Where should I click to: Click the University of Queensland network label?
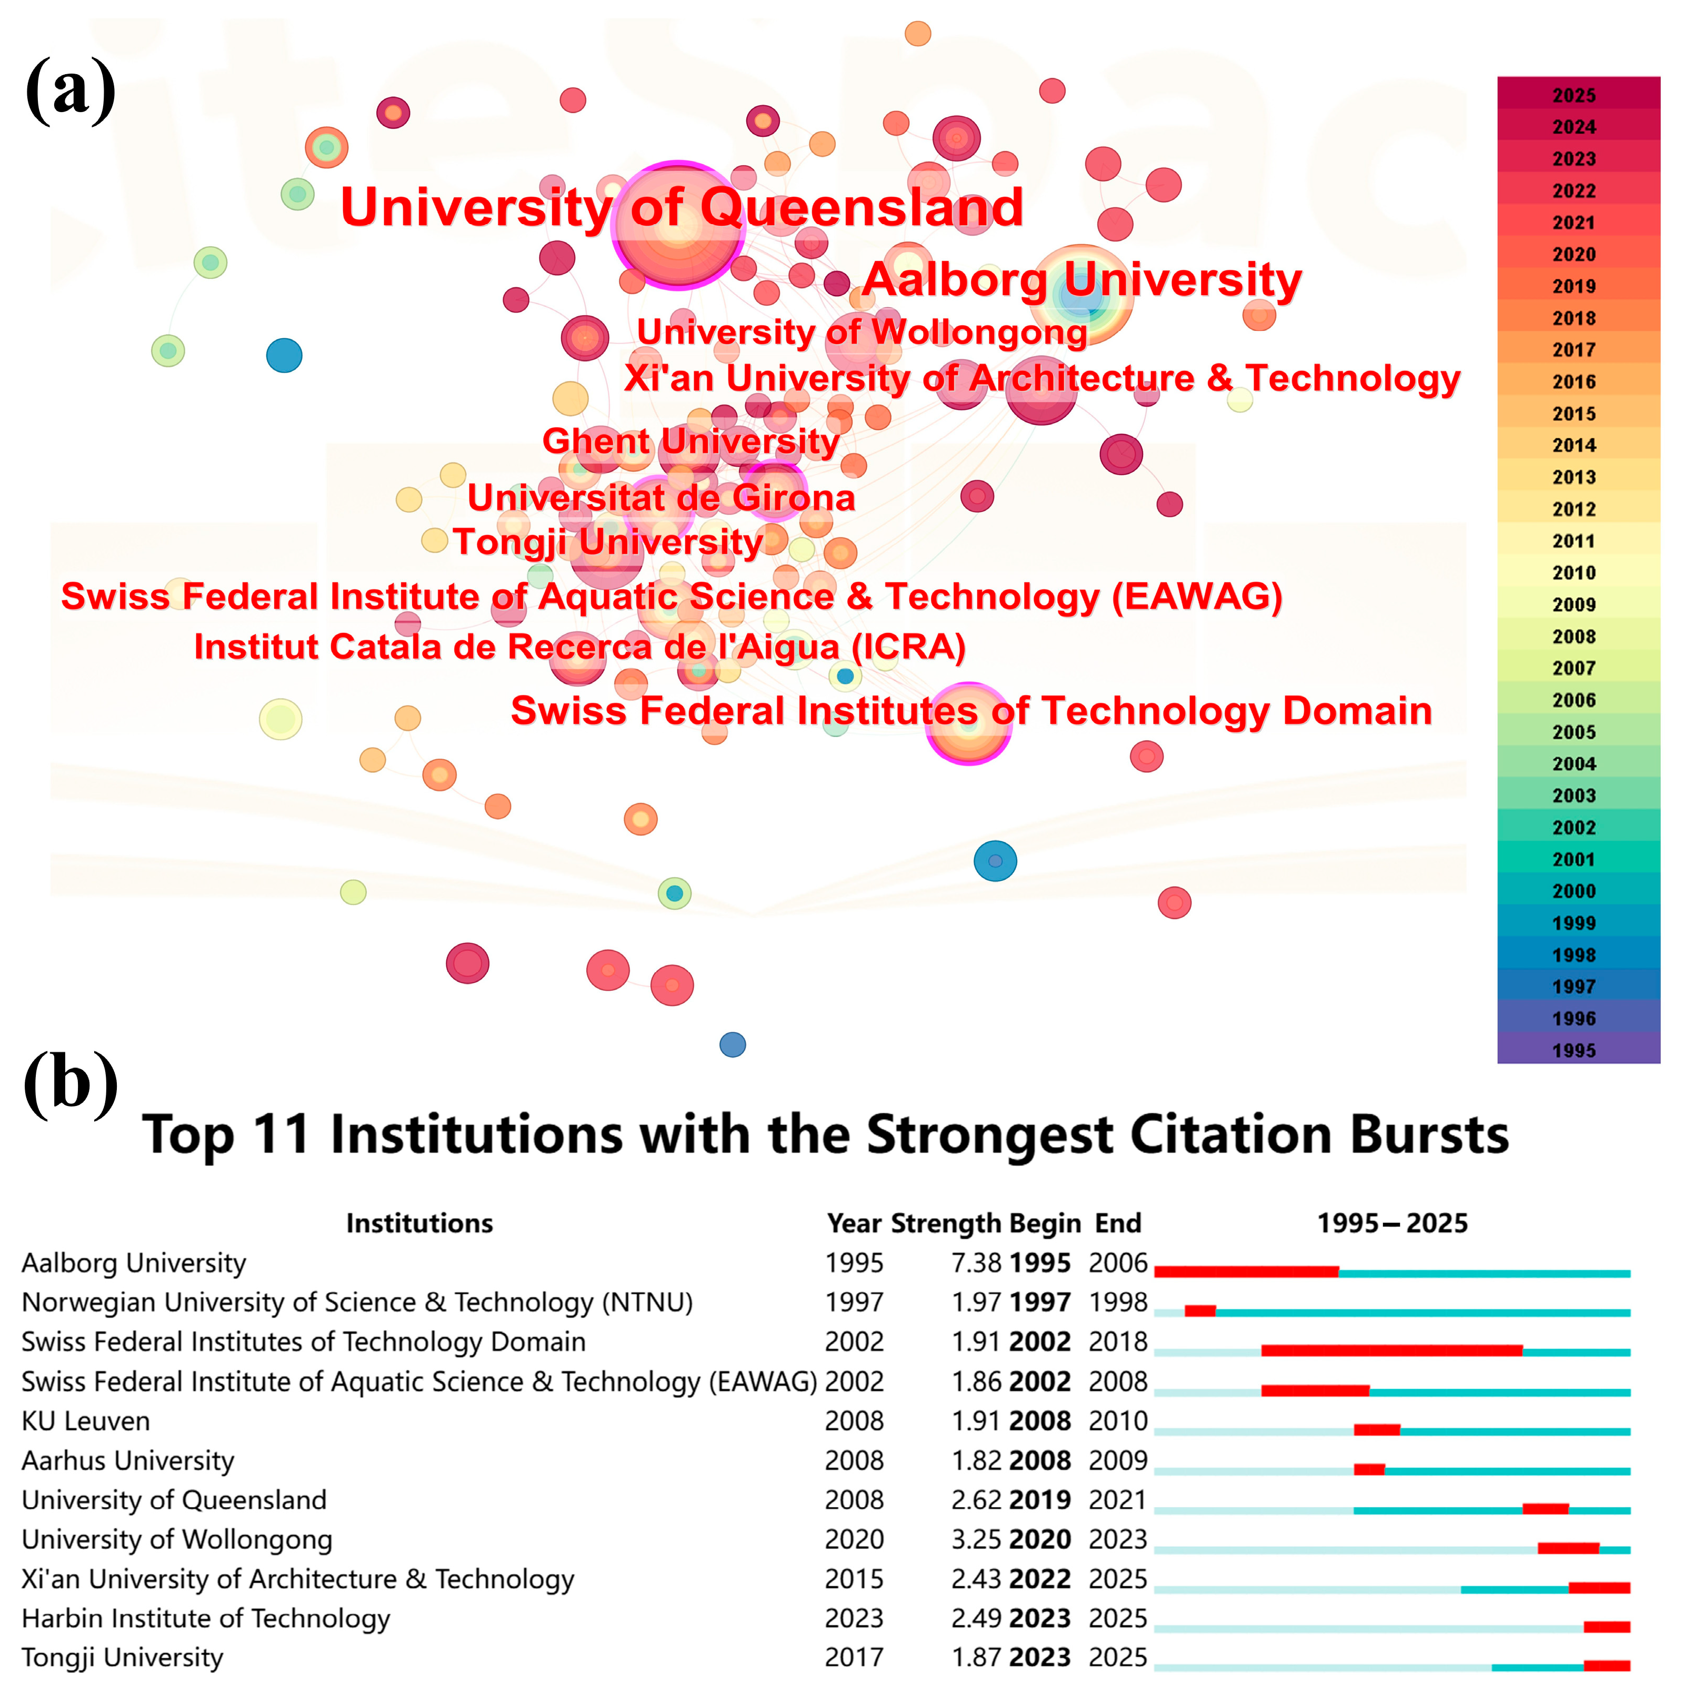coord(681,208)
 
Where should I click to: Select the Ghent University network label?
coord(690,441)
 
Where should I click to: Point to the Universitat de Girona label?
coord(660,497)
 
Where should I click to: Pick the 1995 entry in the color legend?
coord(1573,1050)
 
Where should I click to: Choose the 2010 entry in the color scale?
coord(1573,572)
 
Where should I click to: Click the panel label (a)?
coord(71,90)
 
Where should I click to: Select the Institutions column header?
coord(419,1223)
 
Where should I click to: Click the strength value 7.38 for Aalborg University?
coord(976,1263)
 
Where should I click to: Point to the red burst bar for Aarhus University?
coord(1369,1469)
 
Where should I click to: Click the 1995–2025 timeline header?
coord(1391,1223)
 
